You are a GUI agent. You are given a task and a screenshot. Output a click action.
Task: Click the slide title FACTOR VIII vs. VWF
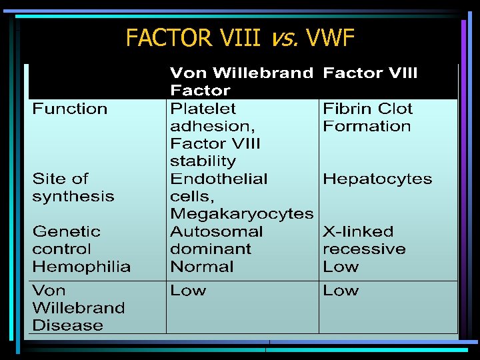pos(239,38)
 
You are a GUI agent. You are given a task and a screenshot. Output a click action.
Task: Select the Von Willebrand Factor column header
pos(241,81)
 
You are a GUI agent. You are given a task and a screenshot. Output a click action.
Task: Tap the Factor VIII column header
pos(370,73)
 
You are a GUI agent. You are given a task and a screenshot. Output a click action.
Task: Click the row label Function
pos(70,109)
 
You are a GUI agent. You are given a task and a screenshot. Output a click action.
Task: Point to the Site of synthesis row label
pos(73,187)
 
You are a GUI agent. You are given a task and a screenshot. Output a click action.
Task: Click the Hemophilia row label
pos(81,267)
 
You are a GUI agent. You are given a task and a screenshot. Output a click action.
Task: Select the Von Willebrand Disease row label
pos(78,308)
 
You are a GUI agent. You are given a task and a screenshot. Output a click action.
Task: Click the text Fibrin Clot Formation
pos(367,117)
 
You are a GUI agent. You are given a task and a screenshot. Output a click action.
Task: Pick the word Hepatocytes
pos(377,179)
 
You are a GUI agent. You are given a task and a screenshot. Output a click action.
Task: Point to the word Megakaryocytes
pos(241,214)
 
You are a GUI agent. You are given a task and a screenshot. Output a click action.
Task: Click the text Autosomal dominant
pos(216,240)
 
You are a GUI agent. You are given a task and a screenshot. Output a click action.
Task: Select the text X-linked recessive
pos(363,240)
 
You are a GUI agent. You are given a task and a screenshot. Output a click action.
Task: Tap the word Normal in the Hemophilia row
pos(201,267)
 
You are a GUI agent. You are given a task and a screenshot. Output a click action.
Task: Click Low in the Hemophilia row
pos(340,267)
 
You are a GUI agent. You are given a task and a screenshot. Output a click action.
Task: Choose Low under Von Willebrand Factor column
pos(188,291)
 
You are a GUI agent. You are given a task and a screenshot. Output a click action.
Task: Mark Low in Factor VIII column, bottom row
pos(340,291)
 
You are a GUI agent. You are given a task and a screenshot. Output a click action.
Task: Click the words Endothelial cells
pos(219,187)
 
